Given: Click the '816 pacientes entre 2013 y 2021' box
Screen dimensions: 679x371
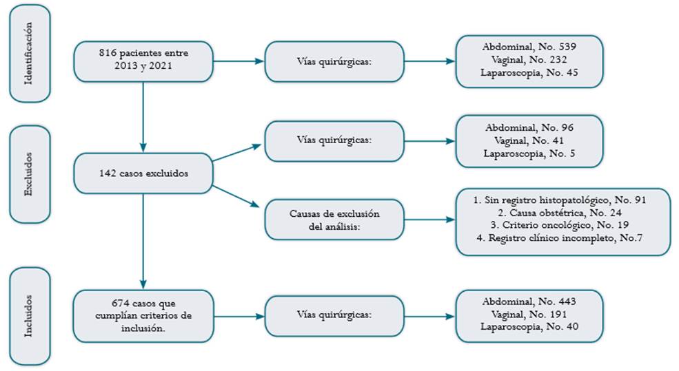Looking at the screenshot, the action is coord(143,61).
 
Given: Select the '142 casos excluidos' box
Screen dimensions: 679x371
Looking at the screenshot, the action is coord(143,173).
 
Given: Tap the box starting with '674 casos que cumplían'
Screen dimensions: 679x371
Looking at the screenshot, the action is coord(143,316).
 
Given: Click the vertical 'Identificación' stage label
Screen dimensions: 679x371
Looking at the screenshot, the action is coord(30,54).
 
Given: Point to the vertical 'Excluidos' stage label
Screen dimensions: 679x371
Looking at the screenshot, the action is coord(30,174).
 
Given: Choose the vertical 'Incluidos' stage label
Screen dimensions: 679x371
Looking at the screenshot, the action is coord(30,316).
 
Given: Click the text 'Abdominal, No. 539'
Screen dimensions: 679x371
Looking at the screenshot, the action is coord(529,47).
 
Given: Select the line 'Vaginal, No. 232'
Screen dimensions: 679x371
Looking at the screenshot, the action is coord(529,60).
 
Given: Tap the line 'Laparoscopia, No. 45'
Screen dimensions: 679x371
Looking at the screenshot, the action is coord(529,73).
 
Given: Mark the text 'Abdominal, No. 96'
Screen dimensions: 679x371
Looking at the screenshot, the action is coord(529,128).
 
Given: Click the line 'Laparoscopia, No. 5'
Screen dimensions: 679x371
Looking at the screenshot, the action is coord(529,153).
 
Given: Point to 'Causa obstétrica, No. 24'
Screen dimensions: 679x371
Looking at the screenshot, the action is coord(565,213).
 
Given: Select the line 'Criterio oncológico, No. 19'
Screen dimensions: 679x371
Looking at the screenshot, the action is coord(565,225).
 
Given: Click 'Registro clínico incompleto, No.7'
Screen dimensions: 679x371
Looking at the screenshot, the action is coord(565,238).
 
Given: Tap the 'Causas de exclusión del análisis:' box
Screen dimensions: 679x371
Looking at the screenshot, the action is coord(334,220).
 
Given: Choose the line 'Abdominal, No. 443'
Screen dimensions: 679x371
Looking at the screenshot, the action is coord(529,301).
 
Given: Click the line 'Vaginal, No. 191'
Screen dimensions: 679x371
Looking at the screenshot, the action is coord(529,315).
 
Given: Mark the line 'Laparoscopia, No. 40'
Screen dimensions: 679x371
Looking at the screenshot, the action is coord(529,327).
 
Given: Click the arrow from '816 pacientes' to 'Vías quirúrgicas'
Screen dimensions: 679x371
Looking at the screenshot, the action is coord(239,61).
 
